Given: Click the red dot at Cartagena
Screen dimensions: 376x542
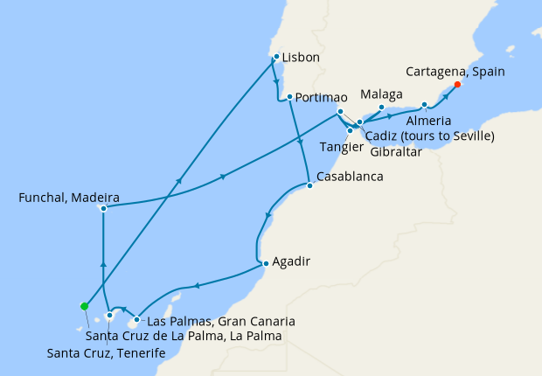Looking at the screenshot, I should [x=458, y=86].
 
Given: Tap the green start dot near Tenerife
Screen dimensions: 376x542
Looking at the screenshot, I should [x=84, y=306].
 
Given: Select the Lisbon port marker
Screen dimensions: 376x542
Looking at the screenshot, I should [x=276, y=58].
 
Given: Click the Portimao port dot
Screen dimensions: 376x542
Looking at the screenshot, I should [x=288, y=96].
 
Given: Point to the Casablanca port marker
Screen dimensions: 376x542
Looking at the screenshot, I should [x=309, y=185].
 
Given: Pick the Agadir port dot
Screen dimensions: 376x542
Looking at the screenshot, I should [x=265, y=261].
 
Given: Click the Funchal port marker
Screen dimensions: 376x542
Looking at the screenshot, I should [x=103, y=209].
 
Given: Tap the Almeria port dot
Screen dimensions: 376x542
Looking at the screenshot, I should [x=424, y=106].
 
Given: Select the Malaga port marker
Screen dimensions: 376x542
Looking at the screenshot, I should [x=381, y=108].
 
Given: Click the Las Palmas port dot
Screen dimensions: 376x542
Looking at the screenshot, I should [x=136, y=319].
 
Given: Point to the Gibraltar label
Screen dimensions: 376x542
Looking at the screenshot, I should [x=396, y=151].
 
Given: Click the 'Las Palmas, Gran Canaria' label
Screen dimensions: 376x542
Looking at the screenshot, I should [x=220, y=321].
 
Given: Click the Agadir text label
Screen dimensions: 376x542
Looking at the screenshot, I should [x=292, y=261].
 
